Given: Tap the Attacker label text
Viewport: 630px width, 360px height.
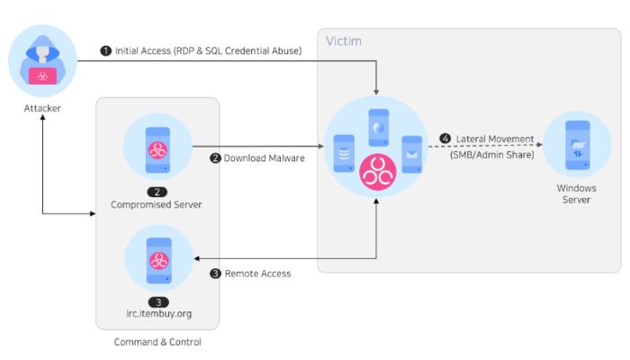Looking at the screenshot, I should [x=42, y=108].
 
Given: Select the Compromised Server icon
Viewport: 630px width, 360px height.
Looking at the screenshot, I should [x=157, y=148].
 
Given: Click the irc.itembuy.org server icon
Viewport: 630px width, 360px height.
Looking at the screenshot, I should [x=157, y=258].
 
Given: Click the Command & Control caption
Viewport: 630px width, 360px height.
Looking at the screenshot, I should [x=157, y=342].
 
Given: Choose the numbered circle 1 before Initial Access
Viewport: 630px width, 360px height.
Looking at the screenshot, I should [x=106, y=51].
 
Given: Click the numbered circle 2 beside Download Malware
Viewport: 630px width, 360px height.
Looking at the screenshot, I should [x=215, y=158].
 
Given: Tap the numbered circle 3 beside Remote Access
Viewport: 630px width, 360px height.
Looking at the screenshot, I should [x=215, y=274].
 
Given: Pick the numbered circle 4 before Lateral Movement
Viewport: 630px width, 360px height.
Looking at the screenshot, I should [x=445, y=139].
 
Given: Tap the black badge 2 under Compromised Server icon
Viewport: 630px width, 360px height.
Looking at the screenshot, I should [x=157, y=192].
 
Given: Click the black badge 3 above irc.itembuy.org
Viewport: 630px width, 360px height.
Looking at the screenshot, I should [x=157, y=301].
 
